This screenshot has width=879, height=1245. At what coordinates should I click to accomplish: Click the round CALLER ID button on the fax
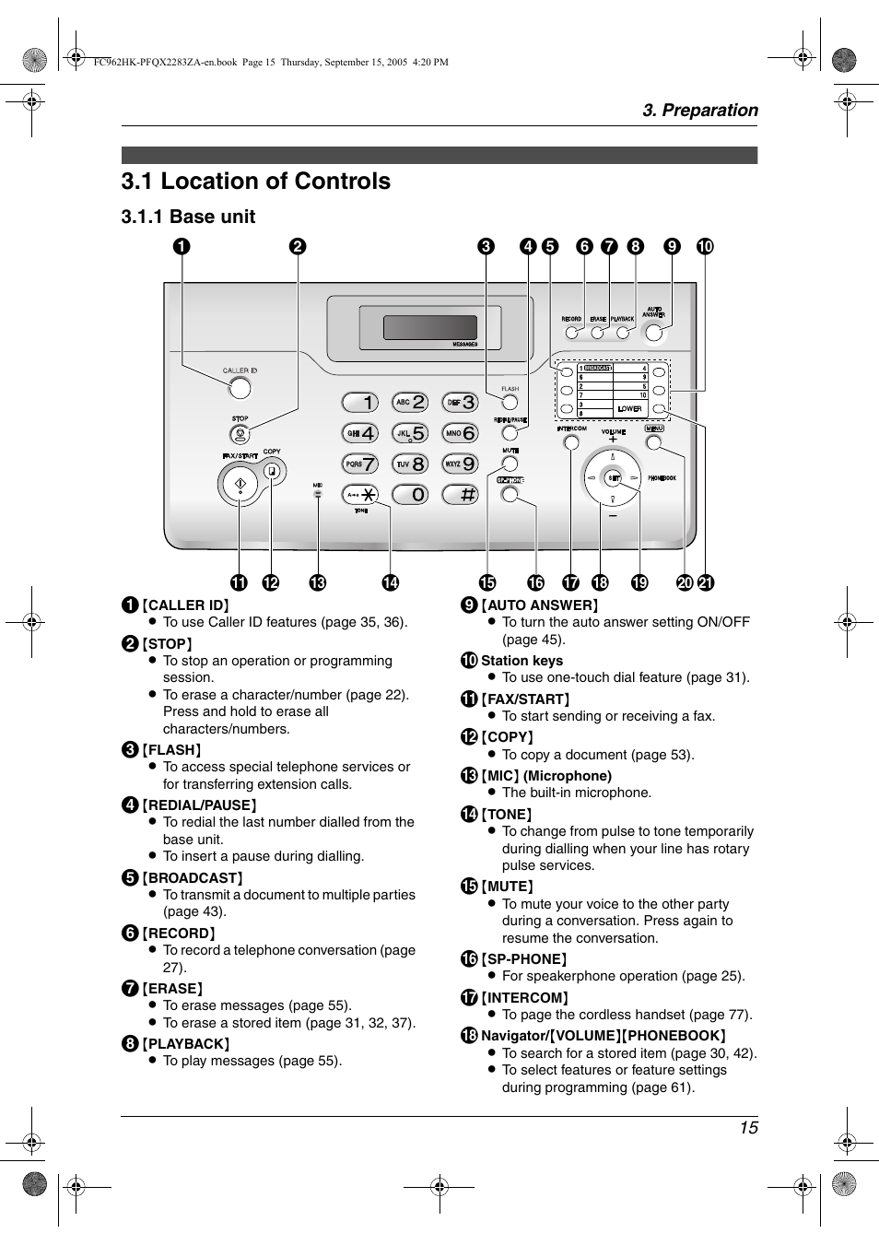240,388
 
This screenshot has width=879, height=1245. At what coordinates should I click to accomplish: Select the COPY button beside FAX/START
271,471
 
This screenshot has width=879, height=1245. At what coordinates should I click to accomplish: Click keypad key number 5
410,433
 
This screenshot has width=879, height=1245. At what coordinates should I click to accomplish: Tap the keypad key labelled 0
410,495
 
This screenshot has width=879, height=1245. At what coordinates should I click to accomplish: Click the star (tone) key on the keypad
360,495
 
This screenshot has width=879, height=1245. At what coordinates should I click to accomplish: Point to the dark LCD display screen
429,327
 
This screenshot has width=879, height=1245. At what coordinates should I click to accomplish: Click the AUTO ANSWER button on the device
654,333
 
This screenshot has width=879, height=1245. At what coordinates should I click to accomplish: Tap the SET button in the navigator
613,476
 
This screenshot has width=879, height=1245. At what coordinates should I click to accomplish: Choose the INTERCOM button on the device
571,442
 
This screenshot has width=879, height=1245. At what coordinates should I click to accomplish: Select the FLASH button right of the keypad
510,402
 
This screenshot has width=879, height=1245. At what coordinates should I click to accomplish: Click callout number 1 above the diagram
182,246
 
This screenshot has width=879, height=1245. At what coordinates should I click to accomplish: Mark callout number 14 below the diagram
391,582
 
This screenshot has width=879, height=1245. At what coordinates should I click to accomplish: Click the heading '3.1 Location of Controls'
255,182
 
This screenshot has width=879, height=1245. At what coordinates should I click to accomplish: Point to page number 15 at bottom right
747,1128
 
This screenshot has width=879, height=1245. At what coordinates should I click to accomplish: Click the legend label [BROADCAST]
193,878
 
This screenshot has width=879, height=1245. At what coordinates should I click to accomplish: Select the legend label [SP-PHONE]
526,959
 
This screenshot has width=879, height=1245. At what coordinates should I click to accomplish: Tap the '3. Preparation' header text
700,111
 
